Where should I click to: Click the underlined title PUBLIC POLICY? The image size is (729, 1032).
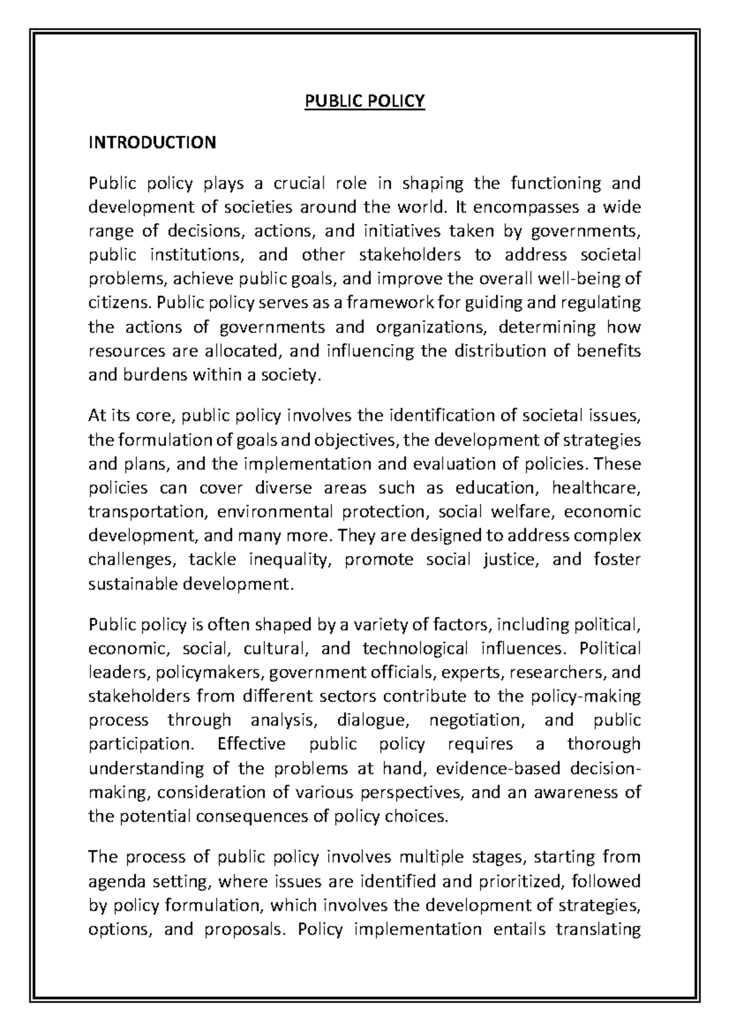[x=364, y=101]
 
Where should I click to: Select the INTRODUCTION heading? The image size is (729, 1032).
[x=152, y=142]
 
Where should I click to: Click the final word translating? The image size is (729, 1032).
[x=598, y=929]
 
